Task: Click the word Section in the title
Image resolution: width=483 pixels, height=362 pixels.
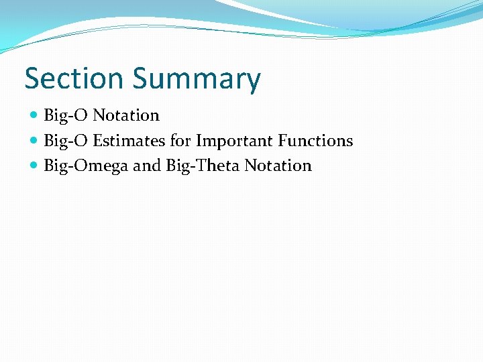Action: (74, 78)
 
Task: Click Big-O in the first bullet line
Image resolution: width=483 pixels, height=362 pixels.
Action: (66, 115)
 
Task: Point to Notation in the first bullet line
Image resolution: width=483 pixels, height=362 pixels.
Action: (126, 115)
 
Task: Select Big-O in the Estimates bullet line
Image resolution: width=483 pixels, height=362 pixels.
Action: (66, 141)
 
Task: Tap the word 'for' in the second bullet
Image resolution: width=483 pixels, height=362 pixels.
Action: (182, 141)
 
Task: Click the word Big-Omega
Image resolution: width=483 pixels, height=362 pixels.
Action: (86, 166)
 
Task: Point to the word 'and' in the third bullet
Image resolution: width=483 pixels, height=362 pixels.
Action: (146, 166)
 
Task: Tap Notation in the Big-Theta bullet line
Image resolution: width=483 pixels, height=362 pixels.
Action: (278, 166)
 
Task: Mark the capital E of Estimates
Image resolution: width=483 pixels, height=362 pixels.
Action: (97, 141)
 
